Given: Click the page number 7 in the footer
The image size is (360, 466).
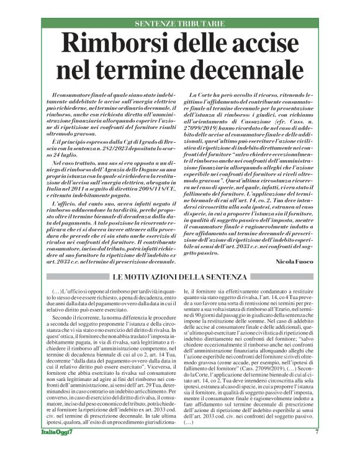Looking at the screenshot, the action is [x=317, y=449].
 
